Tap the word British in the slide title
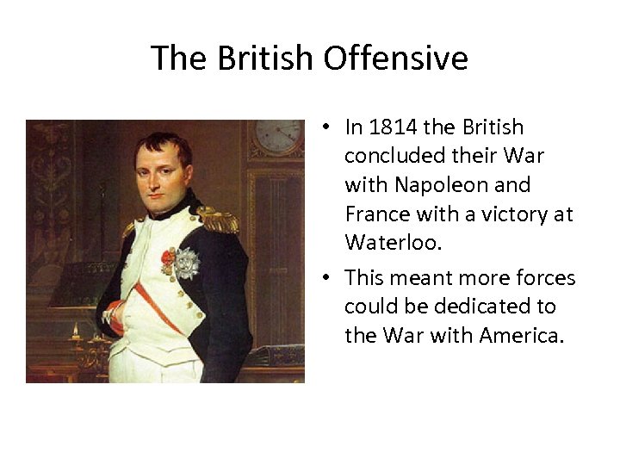click(x=266, y=59)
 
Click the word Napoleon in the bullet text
click(x=430, y=185)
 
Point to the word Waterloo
click(x=393, y=243)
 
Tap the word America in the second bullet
click(x=526, y=335)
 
